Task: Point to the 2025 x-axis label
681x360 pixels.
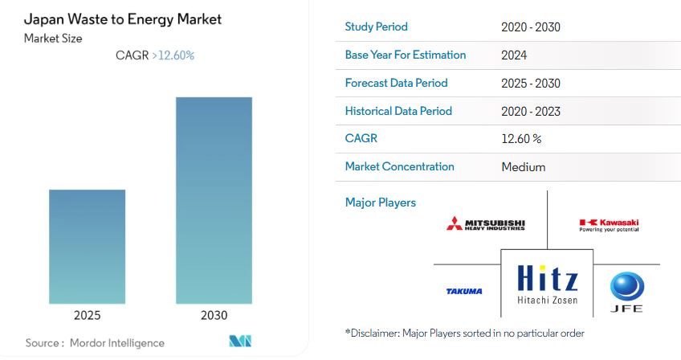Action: click(x=87, y=316)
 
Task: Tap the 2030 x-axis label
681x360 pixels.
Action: click(x=214, y=316)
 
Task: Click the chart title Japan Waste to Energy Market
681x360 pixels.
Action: click(x=123, y=18)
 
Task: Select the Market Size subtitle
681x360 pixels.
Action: click(x=53, y=38)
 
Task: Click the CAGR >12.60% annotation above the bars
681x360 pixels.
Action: click(x=156, y=55)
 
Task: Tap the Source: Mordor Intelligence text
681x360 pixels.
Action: click(x=95, y=342)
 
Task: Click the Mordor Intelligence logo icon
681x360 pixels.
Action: click(x=240, y=342)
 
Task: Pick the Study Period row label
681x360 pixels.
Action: click(x=376, y=27)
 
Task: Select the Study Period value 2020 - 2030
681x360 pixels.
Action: click(x=530, y=27)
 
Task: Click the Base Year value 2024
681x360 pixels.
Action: click(x=514, y=55)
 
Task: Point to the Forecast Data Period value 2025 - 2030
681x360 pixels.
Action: click(x=530, y=83)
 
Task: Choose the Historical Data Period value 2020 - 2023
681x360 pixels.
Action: click(x=530, y=111)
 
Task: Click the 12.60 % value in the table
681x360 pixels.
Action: click(x=520, y=138)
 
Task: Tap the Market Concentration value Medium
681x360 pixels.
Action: click(x=523, y=166)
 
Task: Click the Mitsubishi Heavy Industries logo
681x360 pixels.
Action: click(x=486, y=223)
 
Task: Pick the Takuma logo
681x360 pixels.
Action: click(x=464, y=291)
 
